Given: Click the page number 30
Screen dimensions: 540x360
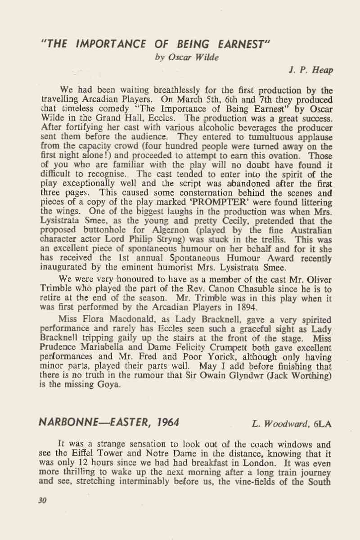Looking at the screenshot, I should click(43, 499).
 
